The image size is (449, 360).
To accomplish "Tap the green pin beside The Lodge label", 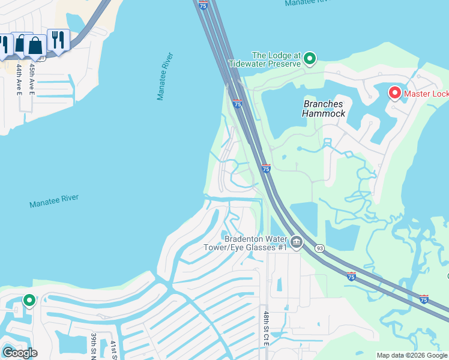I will [310, 58].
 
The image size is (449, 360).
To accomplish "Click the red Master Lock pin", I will [394, 93].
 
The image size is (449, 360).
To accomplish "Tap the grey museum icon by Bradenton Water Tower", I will [296, 243].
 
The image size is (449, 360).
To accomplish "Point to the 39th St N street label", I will [94, 346].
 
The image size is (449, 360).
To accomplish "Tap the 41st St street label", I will [113, 350].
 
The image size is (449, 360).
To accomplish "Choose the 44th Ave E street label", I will [19, 79].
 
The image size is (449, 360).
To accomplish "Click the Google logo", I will [19, 353].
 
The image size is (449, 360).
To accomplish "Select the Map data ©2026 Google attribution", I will [412, 355].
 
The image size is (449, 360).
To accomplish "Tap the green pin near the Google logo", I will [29, 300].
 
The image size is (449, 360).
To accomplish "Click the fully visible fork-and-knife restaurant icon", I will [58, 40].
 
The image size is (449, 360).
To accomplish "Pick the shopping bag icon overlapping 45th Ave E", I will [35, 46].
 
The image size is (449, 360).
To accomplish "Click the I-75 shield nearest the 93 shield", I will [351, 276].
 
